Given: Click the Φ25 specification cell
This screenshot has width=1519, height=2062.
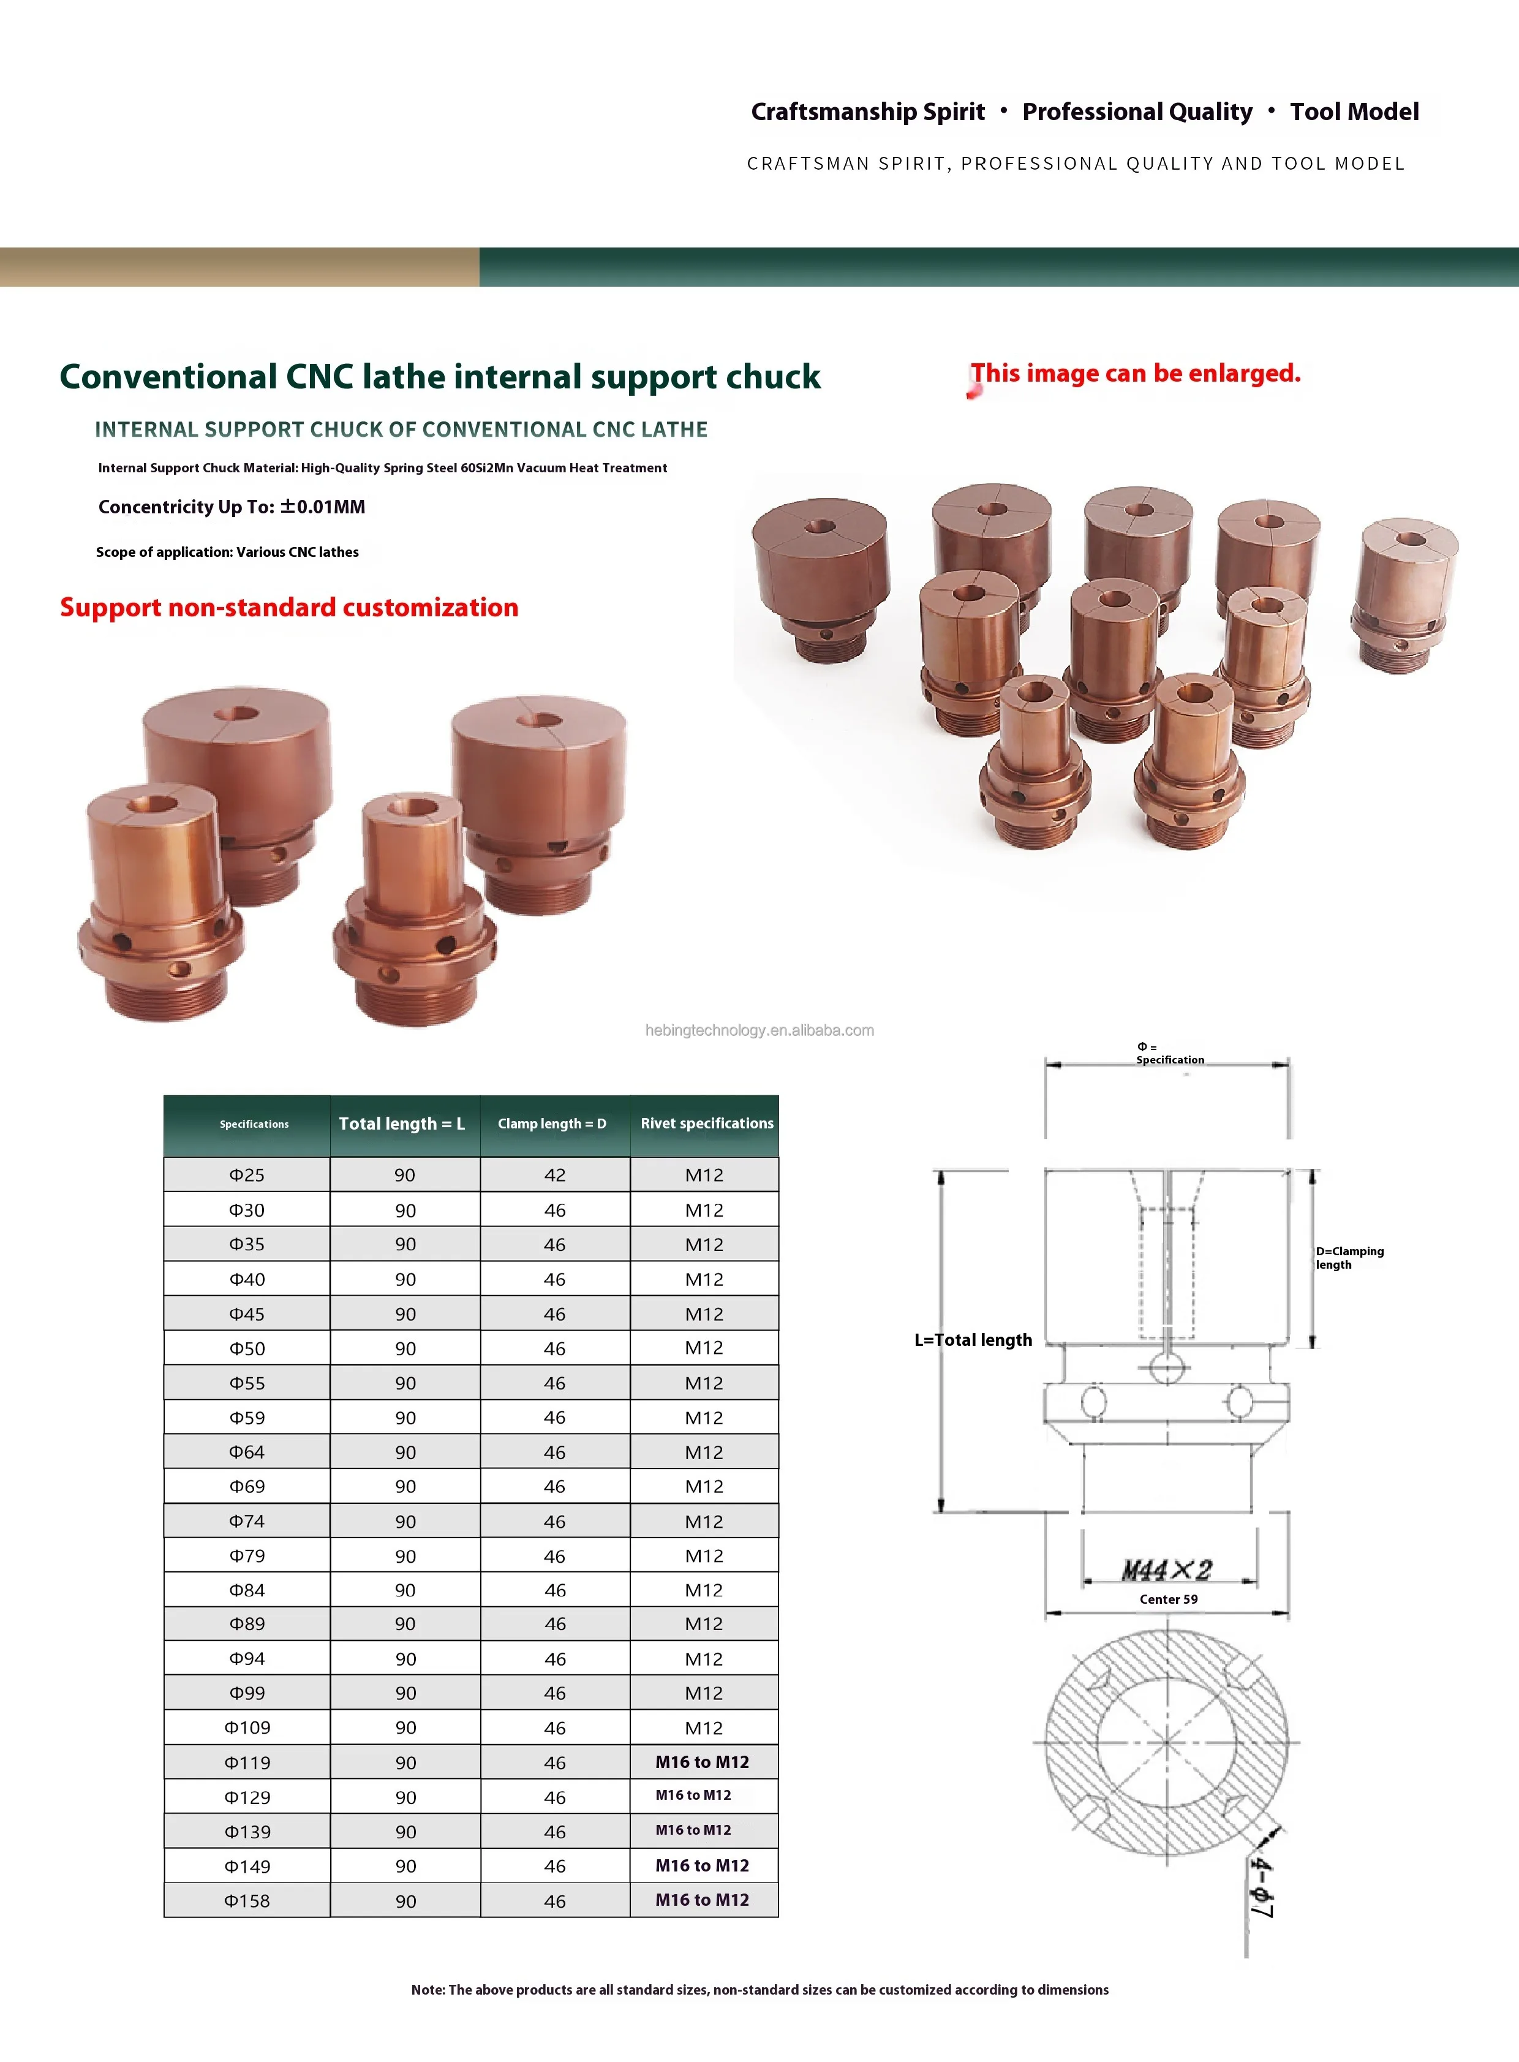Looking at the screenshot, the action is pyautogui.click(x=246, y=1174).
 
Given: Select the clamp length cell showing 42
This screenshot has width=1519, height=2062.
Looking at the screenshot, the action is pyautogui.click(x=554, y=1174).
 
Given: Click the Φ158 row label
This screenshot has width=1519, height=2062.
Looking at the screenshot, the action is pyautogui.click(x=246, y=1900).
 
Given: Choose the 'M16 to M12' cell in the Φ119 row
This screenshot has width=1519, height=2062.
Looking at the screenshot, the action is pyautogui.click(x=703, y=1761).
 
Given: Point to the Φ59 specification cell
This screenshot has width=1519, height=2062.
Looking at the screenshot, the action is pyautogui.click(x=246, y=1418).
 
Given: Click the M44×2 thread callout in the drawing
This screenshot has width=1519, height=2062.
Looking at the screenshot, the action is pyautogui.click(x=1167, y=1569).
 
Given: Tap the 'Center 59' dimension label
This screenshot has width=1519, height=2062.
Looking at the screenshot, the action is pyautogui.click(x=1169, y=1598).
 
